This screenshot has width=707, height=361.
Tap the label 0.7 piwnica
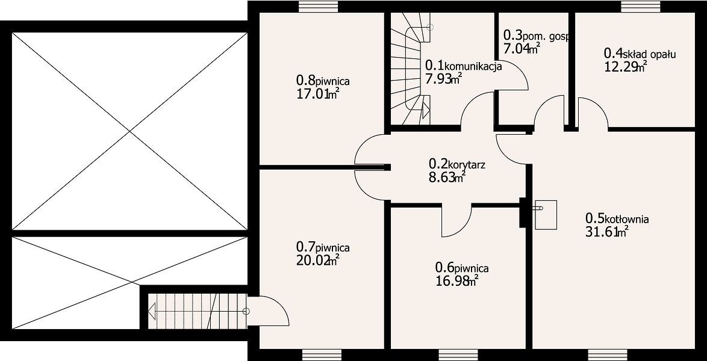pyautogui.click(x=323, y=247)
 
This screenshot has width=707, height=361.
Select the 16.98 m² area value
pyautogui.click(x=456, y=282)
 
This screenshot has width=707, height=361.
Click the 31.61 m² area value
pyautogui.click(x=607, y=232)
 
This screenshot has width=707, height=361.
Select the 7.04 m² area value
pyautogui.click(x=522, y=48)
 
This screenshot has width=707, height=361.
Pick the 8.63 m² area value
pyautogui.click(x=447, y=177)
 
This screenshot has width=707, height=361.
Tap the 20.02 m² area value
pyautogui.click(x=317, y=260)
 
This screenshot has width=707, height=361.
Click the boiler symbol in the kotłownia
pyautogui.click(x=546, y=215)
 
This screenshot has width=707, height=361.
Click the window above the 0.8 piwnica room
pyautogui.click(x=319, y=7)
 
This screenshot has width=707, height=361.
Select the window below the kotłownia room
pyautogui.click(x=608, y=355)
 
